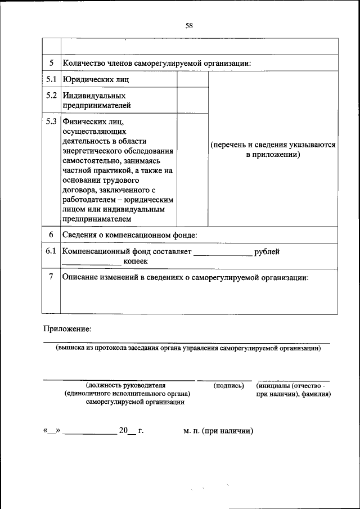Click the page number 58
[x=188, y=25]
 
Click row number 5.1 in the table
[x=52, y=79]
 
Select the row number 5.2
[x=52, y=95]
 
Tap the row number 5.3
[x=52, y=121]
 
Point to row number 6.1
[x=52, y=251]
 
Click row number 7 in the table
[x=52, y=277]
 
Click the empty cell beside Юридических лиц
[x=193, y=79]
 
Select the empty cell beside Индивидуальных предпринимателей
[x=193, y=100]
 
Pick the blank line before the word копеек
[x=91, y=263]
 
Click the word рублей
[x=267, y=251]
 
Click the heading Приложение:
[x=66, y=328]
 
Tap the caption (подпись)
[x=229, y=386]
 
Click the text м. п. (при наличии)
[x=218, y=431]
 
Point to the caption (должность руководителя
[x=126, y=386]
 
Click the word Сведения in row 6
[x=80, y=235]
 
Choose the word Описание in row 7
[x=82, y=277]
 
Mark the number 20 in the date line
[x=124, y=431]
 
